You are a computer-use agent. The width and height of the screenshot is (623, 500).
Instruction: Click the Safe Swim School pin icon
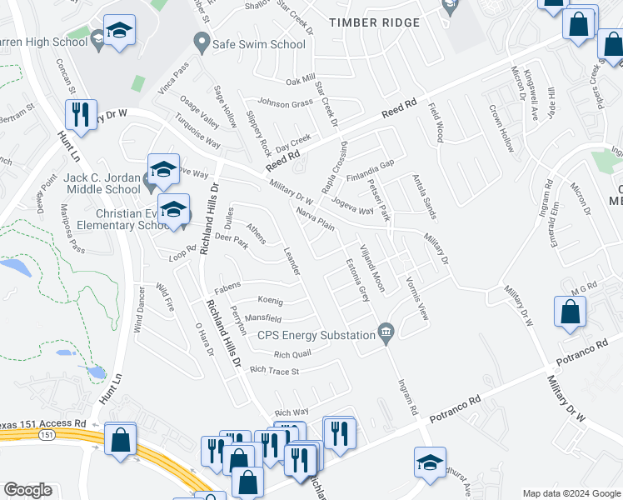201,40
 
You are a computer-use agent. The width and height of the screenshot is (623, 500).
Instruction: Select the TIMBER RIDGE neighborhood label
374,22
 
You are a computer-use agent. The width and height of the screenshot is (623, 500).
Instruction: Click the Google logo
27,490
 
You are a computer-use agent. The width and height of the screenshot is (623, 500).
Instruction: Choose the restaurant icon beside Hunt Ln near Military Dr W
81,114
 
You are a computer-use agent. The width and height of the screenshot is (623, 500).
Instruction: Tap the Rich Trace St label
273,370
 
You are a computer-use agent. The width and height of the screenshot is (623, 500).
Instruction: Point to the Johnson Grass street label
285,103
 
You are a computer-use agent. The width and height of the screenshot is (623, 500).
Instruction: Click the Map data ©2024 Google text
571,492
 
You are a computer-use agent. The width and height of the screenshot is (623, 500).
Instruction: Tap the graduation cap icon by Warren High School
120,31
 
